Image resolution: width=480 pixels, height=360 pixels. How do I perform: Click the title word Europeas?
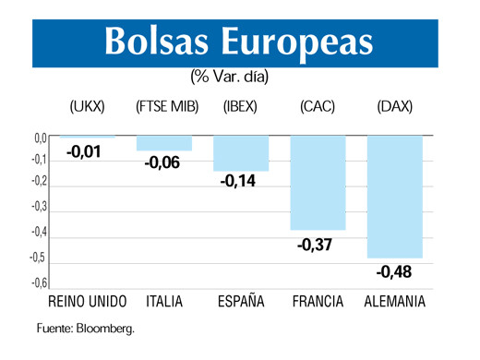pyautogui.click(x=299, y=40)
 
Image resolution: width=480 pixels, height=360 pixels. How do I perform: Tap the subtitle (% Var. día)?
pyautogui.click(x=230, y=76)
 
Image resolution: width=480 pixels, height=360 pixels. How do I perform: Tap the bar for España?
pyautogui.click(x=241, y=153)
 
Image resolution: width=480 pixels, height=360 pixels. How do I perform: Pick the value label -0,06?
pyautogui.click(x=162, y=164)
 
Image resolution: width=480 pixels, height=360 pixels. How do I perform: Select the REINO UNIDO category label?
pyautogui.click(x=87, y=302)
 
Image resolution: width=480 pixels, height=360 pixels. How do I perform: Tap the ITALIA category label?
pyautogui.click(x=164, y=302)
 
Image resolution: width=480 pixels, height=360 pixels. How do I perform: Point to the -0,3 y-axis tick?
pyautogui.click(x=36, y=208)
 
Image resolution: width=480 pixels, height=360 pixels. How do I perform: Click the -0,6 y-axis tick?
pyautogui.click(x=36, y=282)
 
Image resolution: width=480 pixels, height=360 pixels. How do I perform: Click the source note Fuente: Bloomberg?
pyautogui.click(x=86, y=328)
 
